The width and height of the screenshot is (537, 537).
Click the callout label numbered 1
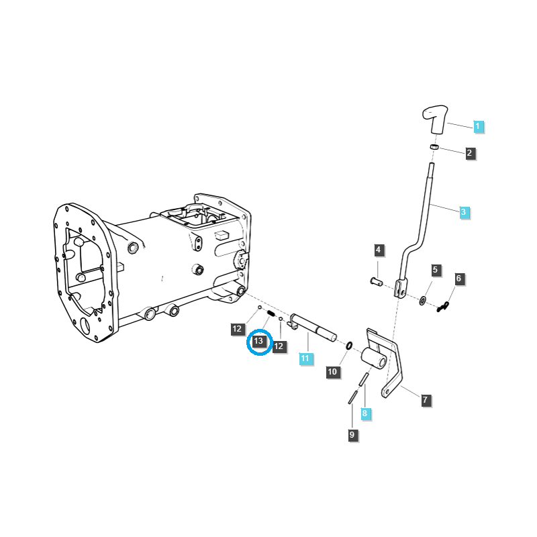[478, 126]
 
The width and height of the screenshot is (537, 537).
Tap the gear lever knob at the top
[435, 119]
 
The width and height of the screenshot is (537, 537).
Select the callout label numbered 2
[469, 153]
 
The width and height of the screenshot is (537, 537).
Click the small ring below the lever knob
[434, 147]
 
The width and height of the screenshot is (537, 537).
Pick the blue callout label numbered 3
[464, 212]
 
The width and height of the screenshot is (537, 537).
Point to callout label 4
[378, 250]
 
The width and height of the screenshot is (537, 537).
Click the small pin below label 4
[377, 282]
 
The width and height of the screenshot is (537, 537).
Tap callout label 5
[435, 270]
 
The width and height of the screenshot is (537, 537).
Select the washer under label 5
[423, 301]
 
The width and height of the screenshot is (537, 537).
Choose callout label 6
[459, 279]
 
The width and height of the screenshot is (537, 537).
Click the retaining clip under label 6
[443, 306]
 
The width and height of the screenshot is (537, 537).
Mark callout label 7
[426, 399]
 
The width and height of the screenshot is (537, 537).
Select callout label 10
[332, 372]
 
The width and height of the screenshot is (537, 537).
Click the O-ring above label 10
[348, 346]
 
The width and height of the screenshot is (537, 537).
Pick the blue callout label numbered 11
[305, 358]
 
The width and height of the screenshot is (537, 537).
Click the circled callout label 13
[259, 341]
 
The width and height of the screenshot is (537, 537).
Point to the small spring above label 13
[271, 313]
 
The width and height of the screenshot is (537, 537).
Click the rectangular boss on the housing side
[222, 235]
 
